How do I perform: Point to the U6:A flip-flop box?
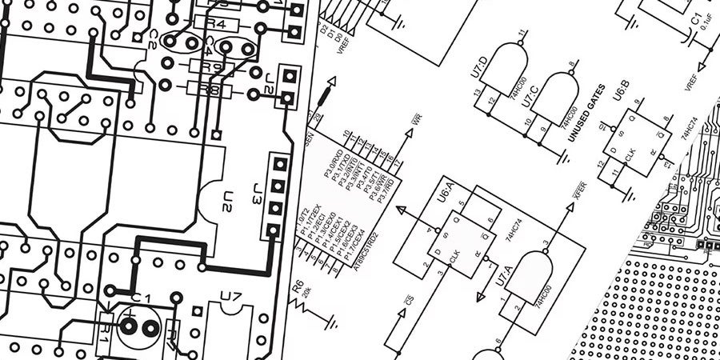click(x=451, y=237)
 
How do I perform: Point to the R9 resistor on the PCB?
click(x=210, y=67)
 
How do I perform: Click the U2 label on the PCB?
click(x=228, y=200)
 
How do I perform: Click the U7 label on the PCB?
click(x=231, y=298)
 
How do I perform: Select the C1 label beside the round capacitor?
click(x=141, y=298)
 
